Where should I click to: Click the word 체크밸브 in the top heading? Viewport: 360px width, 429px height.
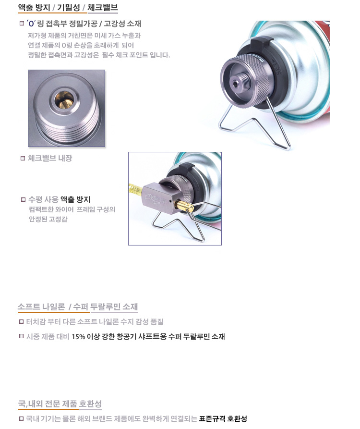point(103,7)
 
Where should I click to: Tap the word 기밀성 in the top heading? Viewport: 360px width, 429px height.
point(68,7)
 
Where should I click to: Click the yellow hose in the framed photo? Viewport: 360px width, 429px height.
point(135,189)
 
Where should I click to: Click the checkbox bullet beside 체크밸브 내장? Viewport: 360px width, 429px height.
point(23,159)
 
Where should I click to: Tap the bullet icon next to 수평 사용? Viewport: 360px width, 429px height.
point(23,199)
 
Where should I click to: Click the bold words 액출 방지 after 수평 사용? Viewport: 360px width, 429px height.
point(75,199)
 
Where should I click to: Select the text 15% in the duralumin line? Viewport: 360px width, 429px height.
point(78,337)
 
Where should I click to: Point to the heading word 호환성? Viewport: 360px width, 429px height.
point(90,404)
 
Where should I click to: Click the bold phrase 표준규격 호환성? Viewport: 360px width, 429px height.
point(223,418)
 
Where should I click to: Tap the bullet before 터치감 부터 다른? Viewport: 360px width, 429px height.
point(21,322)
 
